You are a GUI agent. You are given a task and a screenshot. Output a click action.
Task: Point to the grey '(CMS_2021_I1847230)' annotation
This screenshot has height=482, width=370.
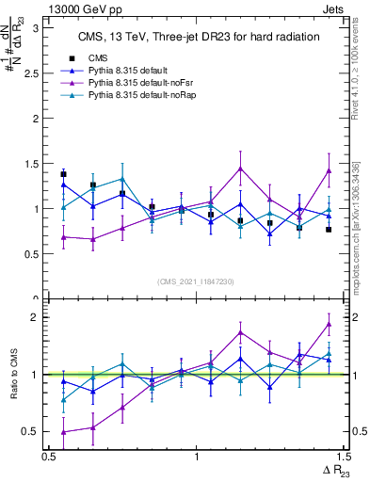click(x=196, y=281)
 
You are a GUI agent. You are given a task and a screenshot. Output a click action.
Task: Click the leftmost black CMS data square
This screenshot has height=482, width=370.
click(x=63, y=174)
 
